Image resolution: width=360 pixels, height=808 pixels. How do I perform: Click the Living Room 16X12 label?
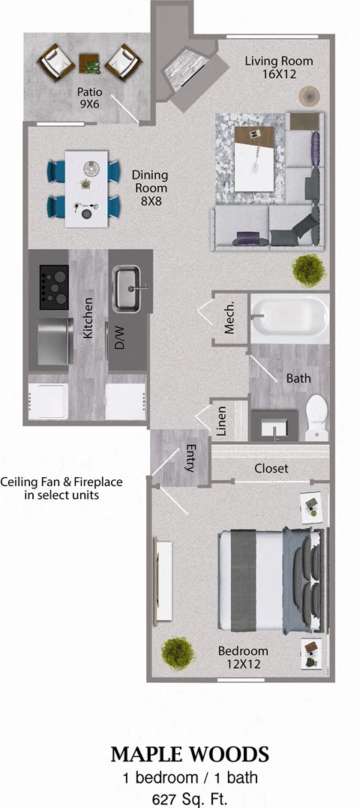click(x=279, y=68)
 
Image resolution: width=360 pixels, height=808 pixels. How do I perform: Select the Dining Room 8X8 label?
click(x=149, y=188)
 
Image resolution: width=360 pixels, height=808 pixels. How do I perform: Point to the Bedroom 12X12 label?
click(x=243, y=657)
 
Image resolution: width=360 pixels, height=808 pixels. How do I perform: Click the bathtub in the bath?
click(x=289, y=319)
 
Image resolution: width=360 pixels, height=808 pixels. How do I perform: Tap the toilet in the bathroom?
click(x=317, y=416)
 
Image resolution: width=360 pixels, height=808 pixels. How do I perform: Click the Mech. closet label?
click(x=230, y=318)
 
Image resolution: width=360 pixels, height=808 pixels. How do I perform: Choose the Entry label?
click(x=190, y=459)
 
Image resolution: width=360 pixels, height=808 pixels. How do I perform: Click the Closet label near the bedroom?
click(x=271, y=469)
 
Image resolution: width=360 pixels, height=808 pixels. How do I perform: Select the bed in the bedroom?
click(x=270, y=581)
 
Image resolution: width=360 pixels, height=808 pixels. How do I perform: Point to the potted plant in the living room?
click(x=307, y=266)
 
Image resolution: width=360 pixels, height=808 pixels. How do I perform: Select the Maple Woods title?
click(x=190, y=753)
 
